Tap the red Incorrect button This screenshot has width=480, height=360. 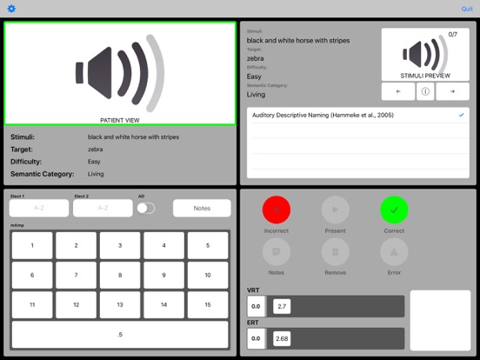click(276, 210)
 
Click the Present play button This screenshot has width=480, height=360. click(335, 210)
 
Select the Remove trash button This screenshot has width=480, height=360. click(335, 252)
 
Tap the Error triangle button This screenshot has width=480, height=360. click(393, 252)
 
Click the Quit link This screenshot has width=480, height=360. click(467, 9)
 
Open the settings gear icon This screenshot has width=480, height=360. click(11, 9)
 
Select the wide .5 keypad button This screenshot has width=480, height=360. click(120, 335)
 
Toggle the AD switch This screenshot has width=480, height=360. click(146, 208)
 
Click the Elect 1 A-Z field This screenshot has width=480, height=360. click(38, 208)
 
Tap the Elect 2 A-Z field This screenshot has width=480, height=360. click(103, 208)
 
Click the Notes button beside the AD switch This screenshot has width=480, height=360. click(202, 208)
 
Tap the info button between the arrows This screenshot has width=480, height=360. click(425, 91)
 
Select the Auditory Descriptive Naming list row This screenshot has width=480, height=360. click(357, 115)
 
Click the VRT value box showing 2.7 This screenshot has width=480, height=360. click(282, 306)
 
